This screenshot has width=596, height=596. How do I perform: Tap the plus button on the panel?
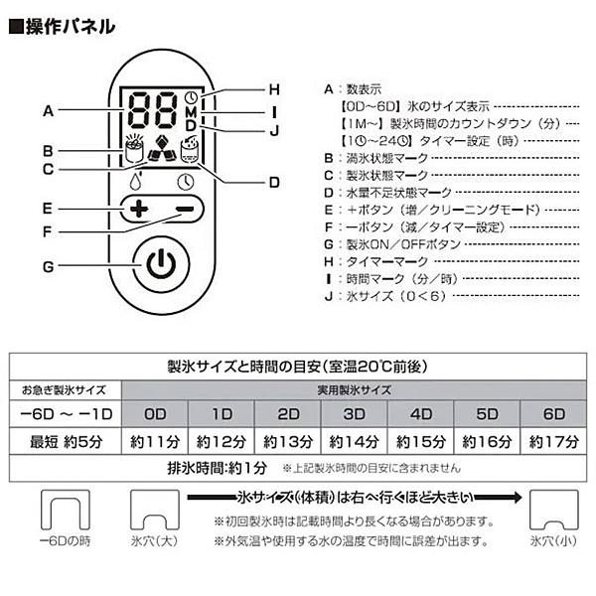tap(137, 210)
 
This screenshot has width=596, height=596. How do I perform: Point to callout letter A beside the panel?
tap(47, 111)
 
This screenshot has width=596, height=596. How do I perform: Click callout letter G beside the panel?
tap(47, 265)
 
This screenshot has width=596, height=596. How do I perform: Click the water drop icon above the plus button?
tap(137, 182)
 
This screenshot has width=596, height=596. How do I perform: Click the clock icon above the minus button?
tap(185, 182)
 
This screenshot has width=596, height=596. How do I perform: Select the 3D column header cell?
tap(354, 413)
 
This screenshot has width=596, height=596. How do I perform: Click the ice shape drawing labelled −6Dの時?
tap(63, 511)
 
